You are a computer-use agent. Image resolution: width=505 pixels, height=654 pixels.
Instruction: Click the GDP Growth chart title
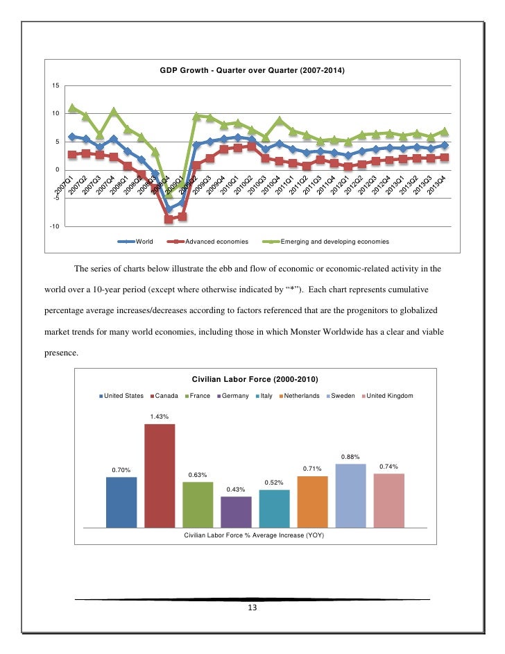252,71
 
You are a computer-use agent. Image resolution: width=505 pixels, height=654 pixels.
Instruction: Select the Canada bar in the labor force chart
159,476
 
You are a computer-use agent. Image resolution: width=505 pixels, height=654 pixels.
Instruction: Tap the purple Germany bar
236,512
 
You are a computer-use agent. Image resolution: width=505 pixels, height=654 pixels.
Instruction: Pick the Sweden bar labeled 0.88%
350,495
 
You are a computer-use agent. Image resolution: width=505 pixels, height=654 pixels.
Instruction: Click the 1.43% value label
159,417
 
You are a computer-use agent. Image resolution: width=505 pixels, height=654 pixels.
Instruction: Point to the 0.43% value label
236,489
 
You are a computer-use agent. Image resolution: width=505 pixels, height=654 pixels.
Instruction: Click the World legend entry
139,242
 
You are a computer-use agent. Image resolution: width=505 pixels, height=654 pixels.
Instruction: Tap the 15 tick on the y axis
55,85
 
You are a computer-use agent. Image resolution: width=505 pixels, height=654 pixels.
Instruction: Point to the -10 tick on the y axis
54,227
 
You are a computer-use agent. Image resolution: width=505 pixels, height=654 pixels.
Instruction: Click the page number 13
252,609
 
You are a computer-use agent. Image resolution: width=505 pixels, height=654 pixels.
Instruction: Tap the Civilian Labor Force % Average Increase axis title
254,536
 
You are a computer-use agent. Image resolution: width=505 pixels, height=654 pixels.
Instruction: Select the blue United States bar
121,502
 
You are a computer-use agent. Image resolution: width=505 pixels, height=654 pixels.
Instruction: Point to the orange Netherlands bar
312,501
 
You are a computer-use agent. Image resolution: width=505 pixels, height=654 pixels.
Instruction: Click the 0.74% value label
388,467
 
